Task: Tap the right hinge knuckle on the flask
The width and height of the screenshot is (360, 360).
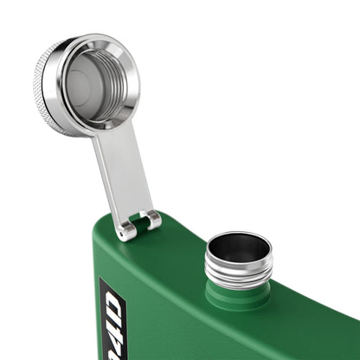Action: [x=153, y=220]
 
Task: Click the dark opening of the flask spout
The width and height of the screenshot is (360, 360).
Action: [x=239, y=248]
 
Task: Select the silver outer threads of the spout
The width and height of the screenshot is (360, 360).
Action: [x=238, y=273]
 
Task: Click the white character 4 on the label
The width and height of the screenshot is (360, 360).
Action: [x=112, y=322]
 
